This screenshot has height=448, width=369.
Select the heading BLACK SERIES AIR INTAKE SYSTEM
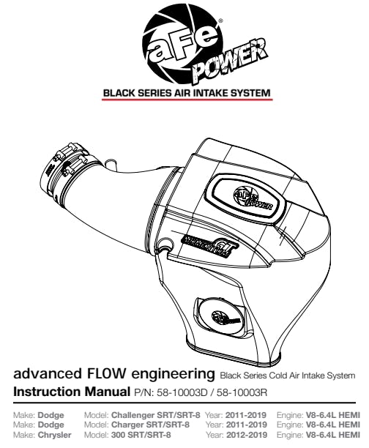pos(187,93)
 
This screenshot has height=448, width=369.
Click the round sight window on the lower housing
pos(222,317)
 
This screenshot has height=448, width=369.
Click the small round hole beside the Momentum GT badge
pos(166,244)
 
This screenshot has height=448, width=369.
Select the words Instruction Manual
pos(72,392)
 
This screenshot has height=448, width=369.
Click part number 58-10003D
pos(182,392)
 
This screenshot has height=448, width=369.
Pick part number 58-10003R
pos(242,392)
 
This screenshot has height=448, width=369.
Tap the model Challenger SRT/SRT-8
pos(155,414)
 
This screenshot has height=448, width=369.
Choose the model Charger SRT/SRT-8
pos(150,425)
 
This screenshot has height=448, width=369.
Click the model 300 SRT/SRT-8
pos(141,435)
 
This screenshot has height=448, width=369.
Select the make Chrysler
pos(55,435)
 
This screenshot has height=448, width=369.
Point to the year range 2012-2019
pos(247,435)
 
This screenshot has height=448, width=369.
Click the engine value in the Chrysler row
pos(333,435)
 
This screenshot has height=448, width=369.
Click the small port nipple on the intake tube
pos(110,164)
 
